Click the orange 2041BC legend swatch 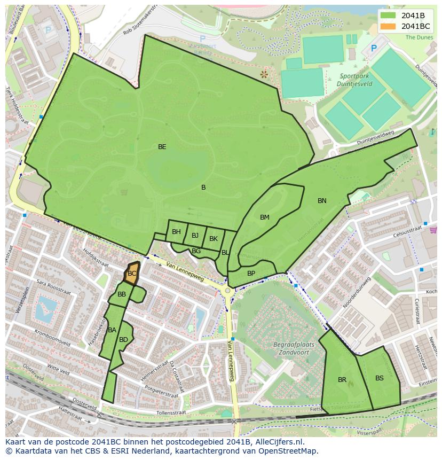389,26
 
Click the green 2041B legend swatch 389,15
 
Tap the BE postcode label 162,146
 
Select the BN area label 322,201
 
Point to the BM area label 265,217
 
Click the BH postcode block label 176,232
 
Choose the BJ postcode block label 195,236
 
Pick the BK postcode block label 214,239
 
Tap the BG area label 196,251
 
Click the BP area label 251,274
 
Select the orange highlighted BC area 132,273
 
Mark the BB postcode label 122,294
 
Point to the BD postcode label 123,340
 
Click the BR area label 342,380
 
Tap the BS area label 379,378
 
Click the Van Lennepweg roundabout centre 227,291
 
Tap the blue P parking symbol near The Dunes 374,49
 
